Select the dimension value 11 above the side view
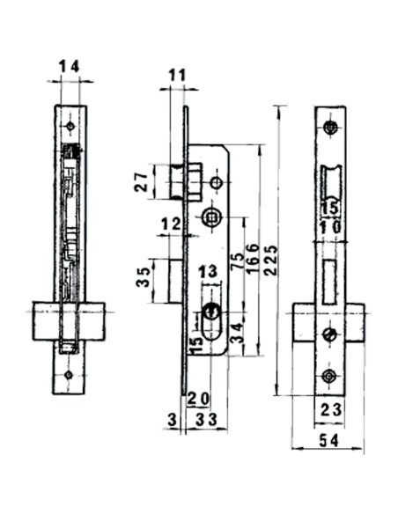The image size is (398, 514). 176,74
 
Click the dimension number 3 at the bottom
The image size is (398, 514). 170,422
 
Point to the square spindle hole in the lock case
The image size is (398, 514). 211,217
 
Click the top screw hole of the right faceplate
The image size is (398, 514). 331,128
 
